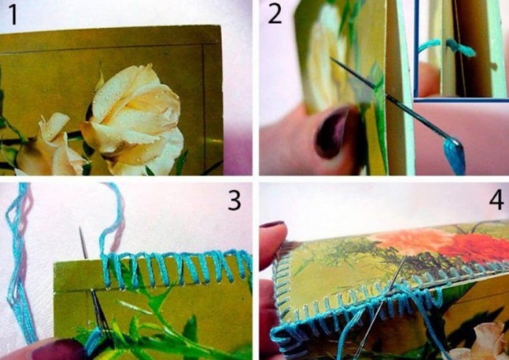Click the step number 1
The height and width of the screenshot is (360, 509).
[x=13, y=15]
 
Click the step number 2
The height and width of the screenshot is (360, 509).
[x=275, y=14]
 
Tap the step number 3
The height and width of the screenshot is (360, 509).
[x=235, y=201]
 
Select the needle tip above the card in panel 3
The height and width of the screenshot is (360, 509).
[x=80, y=228]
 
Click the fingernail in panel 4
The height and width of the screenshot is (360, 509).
[x=272, y=225]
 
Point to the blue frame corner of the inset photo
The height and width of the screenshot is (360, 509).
[x=416, y=100]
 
